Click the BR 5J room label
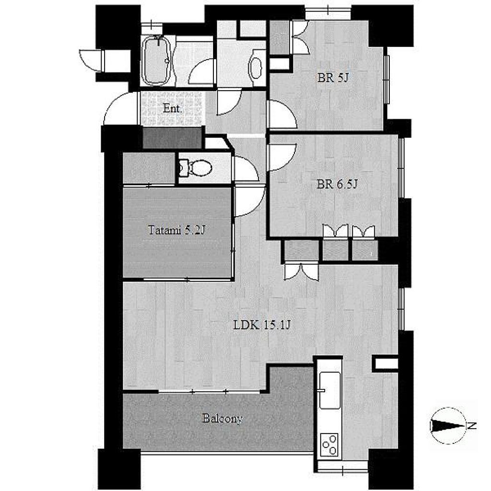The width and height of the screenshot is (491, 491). point(333,78)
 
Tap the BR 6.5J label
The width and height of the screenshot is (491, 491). point(337,184)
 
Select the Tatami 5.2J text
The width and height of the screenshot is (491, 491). point(176,230)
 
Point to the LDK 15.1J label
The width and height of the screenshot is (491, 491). point(262,326)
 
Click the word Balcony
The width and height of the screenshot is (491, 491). point(222,419)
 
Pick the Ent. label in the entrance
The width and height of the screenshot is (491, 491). point(173,109)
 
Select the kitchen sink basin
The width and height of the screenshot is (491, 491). point(330,390)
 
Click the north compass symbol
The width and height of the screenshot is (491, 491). point(448,426)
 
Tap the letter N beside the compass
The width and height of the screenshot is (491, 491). point(472,426)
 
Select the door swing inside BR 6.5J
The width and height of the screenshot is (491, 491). point(282,157)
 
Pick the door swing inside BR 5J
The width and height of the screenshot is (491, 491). point(282,114)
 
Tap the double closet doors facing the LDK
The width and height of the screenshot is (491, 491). point(301,271)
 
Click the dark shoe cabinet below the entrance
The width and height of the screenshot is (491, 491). point(172,138)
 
